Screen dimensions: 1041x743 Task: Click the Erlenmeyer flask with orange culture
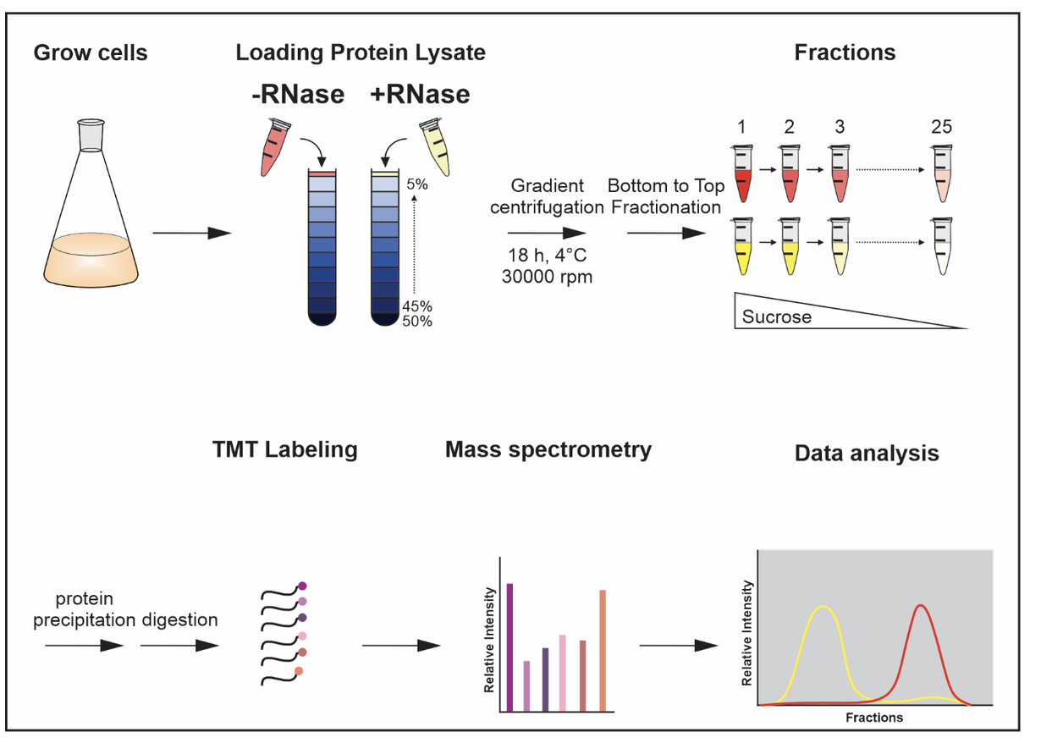tap(91, 204)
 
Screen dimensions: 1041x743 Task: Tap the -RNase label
tap(298, 94)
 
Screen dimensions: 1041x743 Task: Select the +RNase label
tap(420, 94)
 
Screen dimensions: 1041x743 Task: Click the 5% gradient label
tap(417, 184)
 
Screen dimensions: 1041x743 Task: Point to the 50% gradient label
tap(417, 321)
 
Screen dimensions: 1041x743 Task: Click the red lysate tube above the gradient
tap(275, 147)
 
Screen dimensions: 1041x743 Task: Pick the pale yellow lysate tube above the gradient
tap(436, 147)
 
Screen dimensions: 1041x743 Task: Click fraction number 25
tap(941, 127)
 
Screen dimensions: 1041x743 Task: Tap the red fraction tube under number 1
tap(742, 173)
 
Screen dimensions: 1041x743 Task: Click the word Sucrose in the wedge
tap(777, 316)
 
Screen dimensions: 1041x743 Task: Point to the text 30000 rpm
tap(547, 277)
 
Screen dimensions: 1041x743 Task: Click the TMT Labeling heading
tap(285, 449)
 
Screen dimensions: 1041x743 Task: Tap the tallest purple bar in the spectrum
tap(509, 647)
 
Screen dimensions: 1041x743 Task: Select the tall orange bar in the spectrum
tap(603, 651)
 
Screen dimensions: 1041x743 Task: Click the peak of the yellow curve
tap(823, 607)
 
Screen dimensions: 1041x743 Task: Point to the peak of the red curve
tap(921, 605)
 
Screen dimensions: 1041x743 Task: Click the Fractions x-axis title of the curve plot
tap(874, 718)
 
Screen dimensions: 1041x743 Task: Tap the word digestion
tap(180, 619)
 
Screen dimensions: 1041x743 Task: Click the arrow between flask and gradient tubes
tap(192, 233)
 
